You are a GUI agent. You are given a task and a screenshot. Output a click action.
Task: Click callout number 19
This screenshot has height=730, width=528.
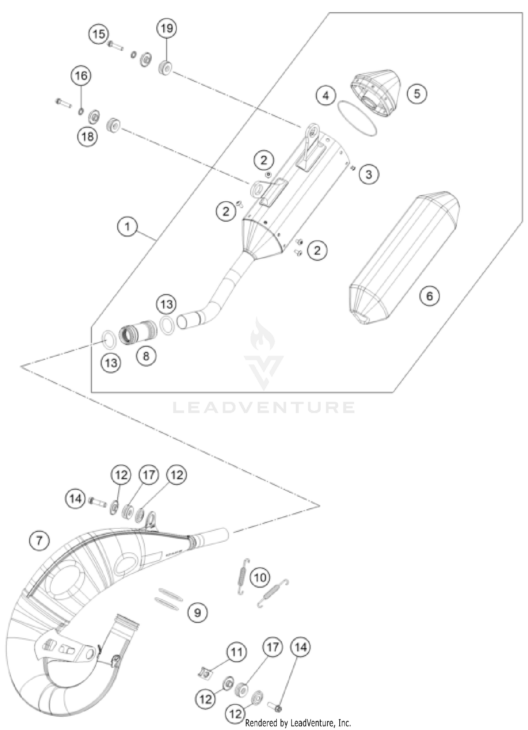click(x=166, y=28)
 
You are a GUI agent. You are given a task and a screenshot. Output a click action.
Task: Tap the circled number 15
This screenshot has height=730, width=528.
click(x=99, y=34)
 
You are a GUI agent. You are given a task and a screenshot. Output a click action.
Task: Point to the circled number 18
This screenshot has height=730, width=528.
click(x=87, y=136)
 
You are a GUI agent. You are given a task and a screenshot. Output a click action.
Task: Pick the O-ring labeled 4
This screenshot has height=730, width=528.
click(x=357, y=118)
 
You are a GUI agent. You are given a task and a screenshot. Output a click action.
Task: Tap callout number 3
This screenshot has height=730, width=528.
click(x=369, y=174)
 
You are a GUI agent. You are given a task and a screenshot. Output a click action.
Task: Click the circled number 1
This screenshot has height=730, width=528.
click(x=127, y=227)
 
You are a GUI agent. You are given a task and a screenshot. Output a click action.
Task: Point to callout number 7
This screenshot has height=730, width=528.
click(x=39, y=540)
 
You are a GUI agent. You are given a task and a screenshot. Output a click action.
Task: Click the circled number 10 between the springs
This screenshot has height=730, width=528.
click(x=260, y=577)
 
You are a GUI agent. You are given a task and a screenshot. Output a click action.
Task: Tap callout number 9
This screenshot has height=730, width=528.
click(x=197, y=613)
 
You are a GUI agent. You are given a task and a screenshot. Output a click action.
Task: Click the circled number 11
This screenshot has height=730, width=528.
click(x=236, y=652)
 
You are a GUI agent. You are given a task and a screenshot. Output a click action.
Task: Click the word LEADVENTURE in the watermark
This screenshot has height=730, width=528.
click(x=264, y=408)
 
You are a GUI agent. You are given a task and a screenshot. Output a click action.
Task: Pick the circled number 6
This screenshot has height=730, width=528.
click(x=429, y=296)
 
